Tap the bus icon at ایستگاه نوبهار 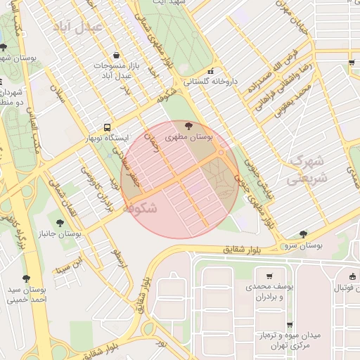click(106, 128)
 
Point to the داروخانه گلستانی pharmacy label click(212, 82)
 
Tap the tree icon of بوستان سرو click(303, 234)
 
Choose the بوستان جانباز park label click(61, 232)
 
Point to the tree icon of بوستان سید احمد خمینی click(27, 278)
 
